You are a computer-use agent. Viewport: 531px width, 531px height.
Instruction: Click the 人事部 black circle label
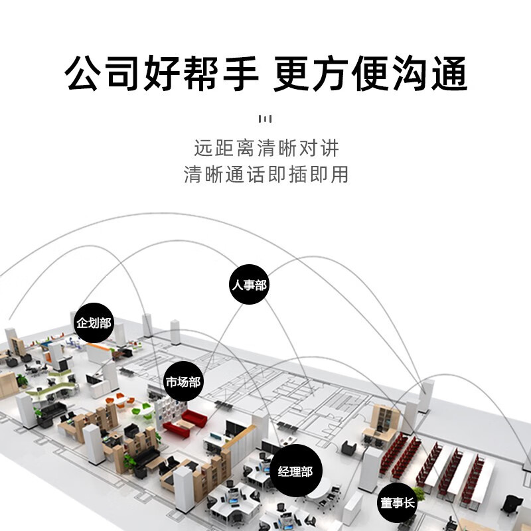(x=250, y=284)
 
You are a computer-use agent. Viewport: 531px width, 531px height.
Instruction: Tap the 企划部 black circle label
(x=94, y=323)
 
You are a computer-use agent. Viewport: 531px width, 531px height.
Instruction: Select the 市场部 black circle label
(x=183, y=381)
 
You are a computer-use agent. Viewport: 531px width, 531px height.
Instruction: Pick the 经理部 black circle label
(x=295, y=471)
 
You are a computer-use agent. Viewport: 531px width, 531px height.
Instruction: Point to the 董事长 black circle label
(x=397, y=502)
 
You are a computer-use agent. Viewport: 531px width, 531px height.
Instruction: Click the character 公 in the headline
(x=83, y=73)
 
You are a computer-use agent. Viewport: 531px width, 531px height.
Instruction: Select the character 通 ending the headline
(x=449, y=73)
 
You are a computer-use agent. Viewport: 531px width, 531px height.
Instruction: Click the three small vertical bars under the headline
(x=265, y=119)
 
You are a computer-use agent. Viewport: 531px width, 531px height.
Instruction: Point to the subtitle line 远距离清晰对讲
(x=266, y=148)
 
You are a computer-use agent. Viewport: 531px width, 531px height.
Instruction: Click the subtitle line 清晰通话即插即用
(x=266, y=174)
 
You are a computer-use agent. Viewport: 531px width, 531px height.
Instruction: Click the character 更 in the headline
(x=291, y=73)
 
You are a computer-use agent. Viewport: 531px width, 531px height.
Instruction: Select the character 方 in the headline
(x=331, y=73)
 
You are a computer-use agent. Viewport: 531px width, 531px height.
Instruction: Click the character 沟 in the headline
(x=410, y=73)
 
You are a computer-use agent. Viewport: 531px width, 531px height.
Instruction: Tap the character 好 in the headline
(x=162, y=73)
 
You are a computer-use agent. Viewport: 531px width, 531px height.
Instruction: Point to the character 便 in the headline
(x=370, y=73)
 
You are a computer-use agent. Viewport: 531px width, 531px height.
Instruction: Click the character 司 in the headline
(x=123, y=73)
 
